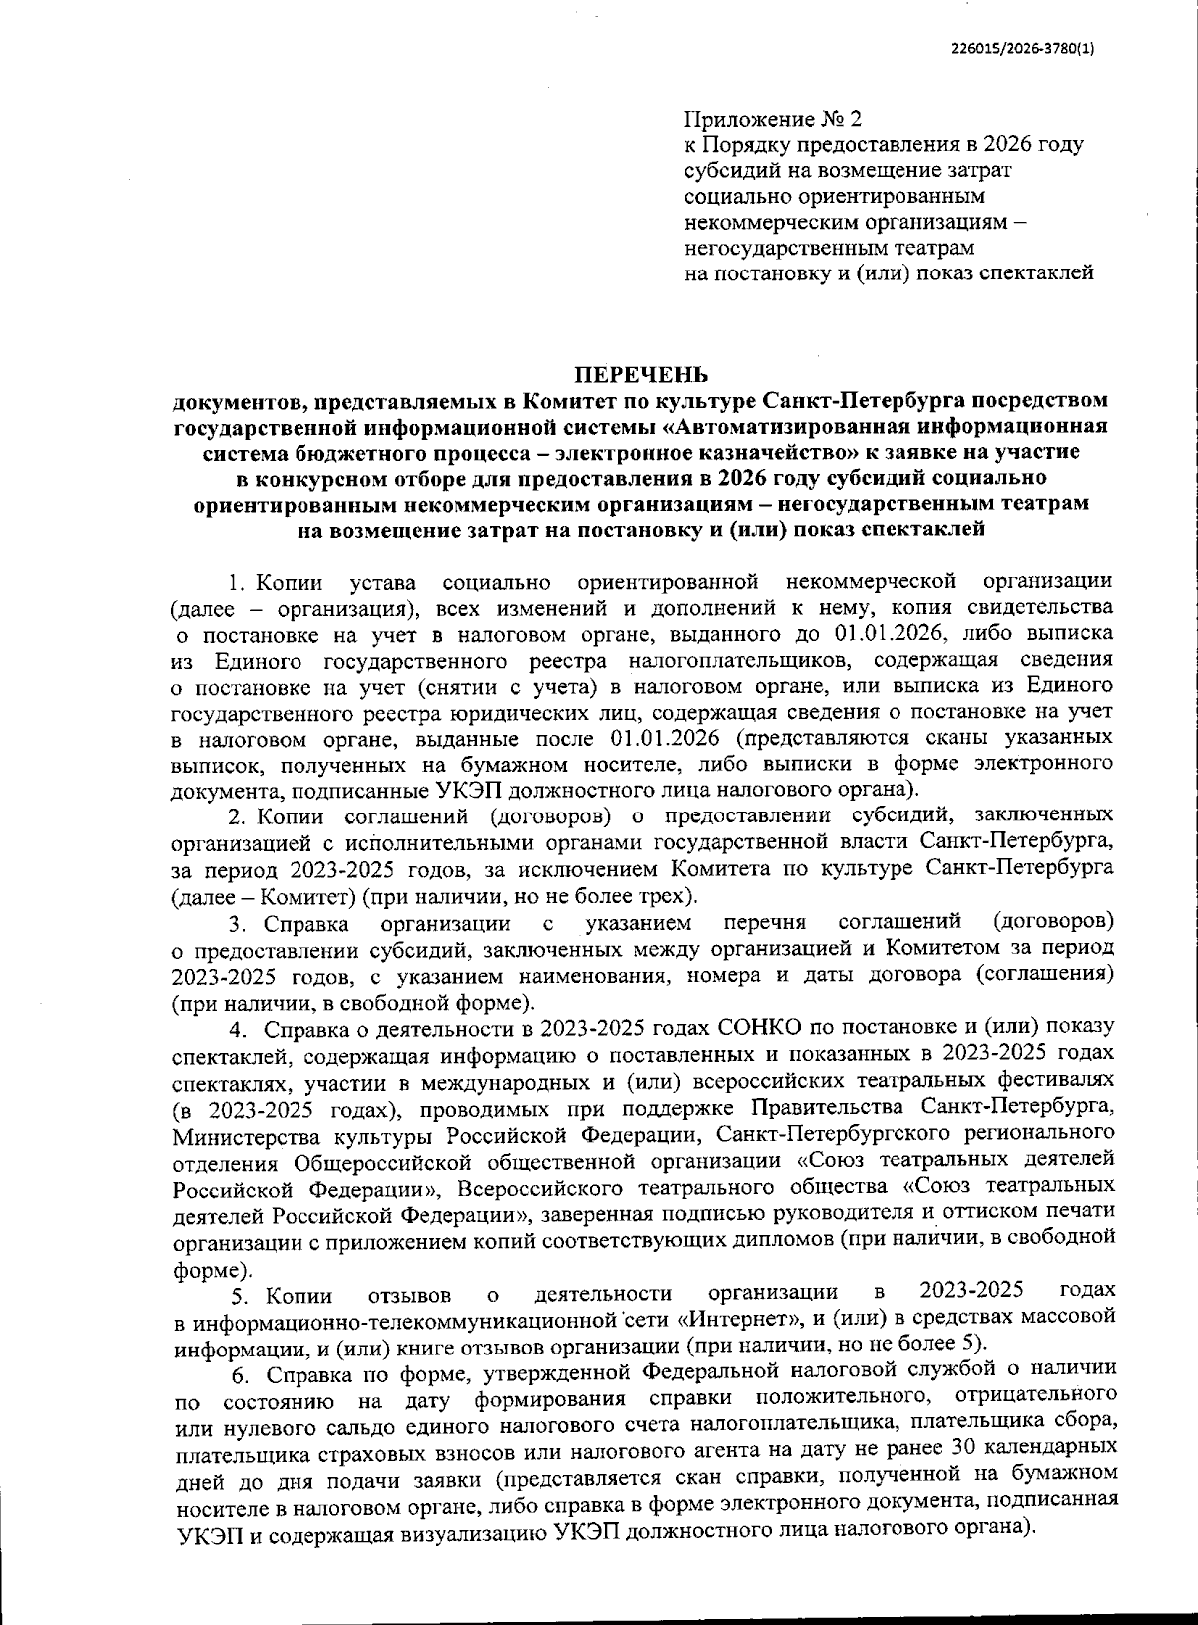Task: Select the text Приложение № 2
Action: tap(771, 119)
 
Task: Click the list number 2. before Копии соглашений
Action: tap(237, 816)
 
